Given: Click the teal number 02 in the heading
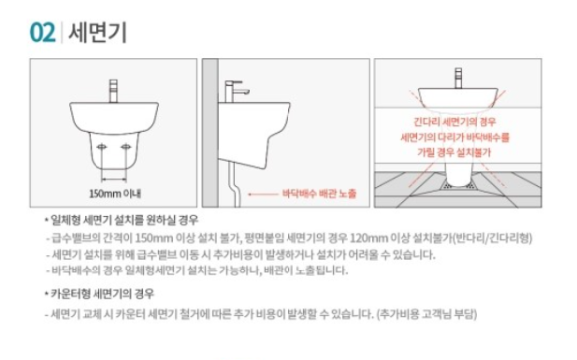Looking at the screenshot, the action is coord(43,33).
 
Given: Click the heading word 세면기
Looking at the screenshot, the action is coord(97,33).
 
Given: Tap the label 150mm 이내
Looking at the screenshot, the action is coord(114,193).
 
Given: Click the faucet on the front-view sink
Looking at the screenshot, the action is coord(114,90).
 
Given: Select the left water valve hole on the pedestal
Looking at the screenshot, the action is coord(101,147).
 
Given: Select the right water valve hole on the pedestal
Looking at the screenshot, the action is coord(126,147).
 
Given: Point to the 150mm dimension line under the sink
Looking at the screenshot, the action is coord(114,179).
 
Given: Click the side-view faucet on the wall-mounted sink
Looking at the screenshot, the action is coord(235,91).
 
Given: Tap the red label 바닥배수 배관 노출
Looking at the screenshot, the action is coord(319,193).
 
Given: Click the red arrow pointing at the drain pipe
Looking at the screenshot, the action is coord(263,194).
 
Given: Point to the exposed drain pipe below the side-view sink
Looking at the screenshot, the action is coord(235,184).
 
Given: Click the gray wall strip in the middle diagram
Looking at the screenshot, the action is coord(210,132).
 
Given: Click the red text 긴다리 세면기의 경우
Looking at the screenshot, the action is coord(455,122).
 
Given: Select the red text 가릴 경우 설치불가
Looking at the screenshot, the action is coord(455,152).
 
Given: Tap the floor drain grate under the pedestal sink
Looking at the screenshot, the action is coord(459,185).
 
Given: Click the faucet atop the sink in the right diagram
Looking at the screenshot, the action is coord(458,78).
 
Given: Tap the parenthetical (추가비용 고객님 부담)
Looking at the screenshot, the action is coord(427,314).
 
